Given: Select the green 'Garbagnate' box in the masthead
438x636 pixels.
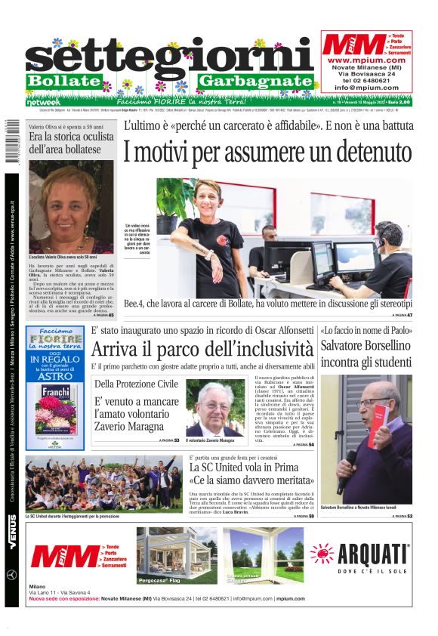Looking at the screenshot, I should click(255, 81).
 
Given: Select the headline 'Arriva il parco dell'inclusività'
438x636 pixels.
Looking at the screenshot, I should click(202, 350).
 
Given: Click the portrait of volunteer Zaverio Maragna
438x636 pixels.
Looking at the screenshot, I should click(214, 408).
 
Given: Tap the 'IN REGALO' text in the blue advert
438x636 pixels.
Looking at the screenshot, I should click(54, 355).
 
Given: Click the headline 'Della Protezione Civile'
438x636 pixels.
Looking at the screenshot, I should click(136, 384).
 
